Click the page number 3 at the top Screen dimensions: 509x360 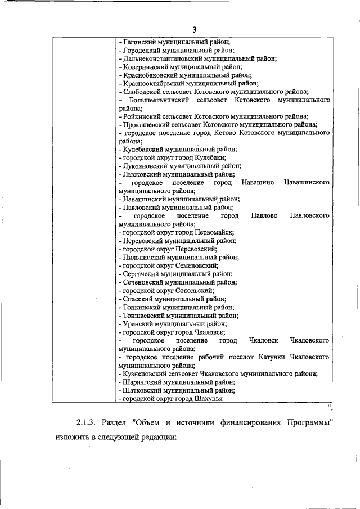[194, 30]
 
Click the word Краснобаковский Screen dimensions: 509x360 [148, 75]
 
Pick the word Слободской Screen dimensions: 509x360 [141, 92]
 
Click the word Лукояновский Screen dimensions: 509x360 [146, 166]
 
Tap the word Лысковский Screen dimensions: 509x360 [142, 174]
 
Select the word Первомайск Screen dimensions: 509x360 [215, 232]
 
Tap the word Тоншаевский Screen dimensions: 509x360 [143, 316]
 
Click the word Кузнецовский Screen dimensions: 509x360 [146, 373]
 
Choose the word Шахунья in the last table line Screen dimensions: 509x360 [208, 398]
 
